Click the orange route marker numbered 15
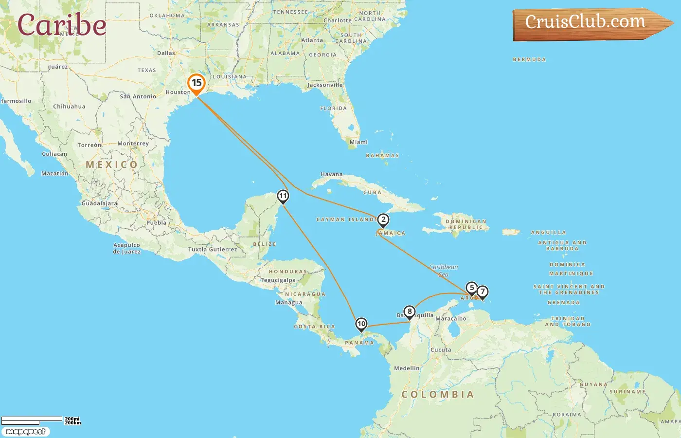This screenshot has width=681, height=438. tap(197, 83)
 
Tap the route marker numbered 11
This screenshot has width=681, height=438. tap(283, 196)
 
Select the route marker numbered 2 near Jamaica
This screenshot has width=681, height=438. tap(383, 220)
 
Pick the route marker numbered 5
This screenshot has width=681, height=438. tap(471, 288)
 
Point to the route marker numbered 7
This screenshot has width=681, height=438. tap(482, 292)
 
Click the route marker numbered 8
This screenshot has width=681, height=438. tap(410, 311)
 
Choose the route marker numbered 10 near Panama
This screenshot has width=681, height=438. tap(361, 324)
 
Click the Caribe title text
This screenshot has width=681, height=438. tap(62, 25)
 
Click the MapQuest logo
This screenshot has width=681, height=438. tap(25, 432)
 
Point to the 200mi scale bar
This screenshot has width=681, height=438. tap(32, 419)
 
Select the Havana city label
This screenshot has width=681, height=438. tap(332, 174)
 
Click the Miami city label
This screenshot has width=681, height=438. tap(358, 142)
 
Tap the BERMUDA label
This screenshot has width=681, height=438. tap(529, 60)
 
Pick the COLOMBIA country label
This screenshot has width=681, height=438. tap(437, 395)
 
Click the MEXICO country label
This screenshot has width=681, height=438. tap(111, 165)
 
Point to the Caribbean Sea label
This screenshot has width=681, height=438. tap(443, 271)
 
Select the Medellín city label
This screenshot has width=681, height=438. tap(407, 368)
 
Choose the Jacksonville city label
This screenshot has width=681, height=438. tap(325, 85)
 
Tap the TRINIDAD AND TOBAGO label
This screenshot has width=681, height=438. tap(568, 321)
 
